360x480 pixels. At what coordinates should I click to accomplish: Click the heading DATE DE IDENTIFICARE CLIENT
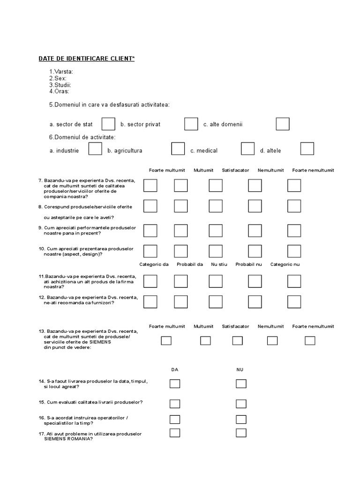click(86, 59)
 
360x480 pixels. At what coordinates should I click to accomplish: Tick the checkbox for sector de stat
click(108, 124)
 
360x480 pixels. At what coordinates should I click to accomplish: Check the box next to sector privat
click(191, 124)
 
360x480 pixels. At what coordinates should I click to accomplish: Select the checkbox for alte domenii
click(283, 124)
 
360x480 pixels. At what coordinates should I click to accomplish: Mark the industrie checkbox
click(95, 149)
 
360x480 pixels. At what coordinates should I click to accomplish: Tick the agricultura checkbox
click(178, 149)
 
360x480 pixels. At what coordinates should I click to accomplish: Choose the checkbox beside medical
click(248, 149)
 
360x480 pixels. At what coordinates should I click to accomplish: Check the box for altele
click(307, 149)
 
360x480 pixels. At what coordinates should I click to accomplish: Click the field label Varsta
click(61, 72)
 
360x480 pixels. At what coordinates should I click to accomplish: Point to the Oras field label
click(59, 91)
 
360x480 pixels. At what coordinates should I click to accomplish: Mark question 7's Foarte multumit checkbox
click(150, 186)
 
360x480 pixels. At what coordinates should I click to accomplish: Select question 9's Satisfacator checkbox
click(216, 231)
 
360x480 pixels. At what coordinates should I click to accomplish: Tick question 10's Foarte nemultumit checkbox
click(294, 251)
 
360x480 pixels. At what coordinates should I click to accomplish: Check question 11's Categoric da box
click(150, 281)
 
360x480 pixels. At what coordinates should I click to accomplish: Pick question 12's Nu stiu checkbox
click(216, 301)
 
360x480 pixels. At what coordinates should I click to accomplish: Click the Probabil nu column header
click(248, 264)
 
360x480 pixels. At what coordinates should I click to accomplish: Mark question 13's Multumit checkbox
click(205, 341)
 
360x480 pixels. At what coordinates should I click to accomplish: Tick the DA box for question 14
click(175, 383)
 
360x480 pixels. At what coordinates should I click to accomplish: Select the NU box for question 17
click(241, 433)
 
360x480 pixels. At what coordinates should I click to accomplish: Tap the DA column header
click(175, 370)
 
